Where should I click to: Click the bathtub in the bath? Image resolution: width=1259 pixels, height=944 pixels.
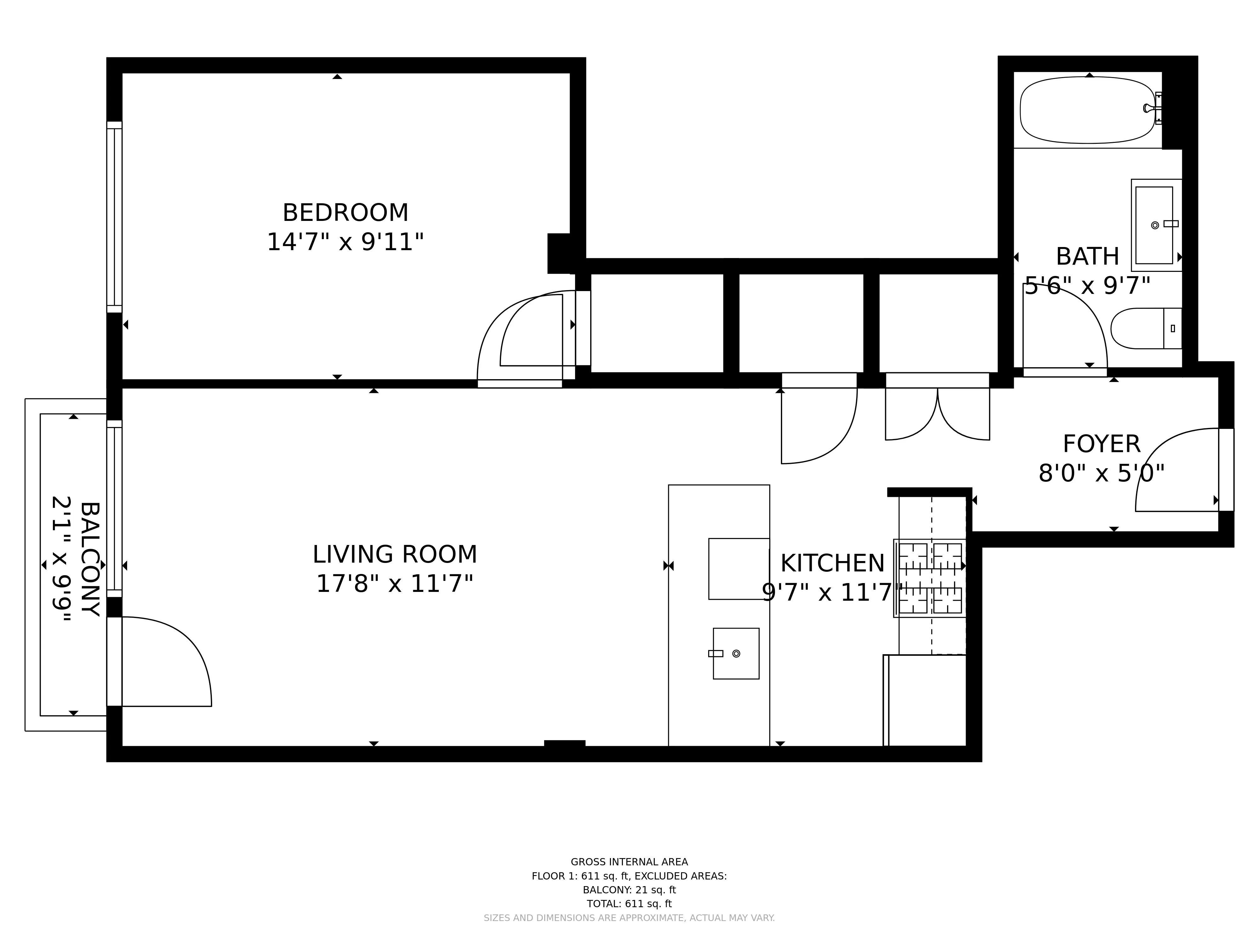(x=1087, y=110)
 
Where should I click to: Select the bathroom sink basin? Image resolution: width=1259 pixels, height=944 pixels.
(x=1154, y=225)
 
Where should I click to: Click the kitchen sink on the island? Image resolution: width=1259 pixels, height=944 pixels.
(x=736, y=653)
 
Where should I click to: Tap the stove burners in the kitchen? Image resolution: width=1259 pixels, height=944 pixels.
(x=930, y=577)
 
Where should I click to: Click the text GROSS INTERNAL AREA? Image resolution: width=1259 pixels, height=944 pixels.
(x=629, y=862)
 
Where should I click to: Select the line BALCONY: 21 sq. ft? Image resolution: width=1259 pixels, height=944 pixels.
(x=629, y=890)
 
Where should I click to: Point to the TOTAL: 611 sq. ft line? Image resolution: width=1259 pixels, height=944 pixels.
(x=629, y=904)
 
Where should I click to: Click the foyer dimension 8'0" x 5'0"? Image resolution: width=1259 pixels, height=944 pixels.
(x=1101, y=474)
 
